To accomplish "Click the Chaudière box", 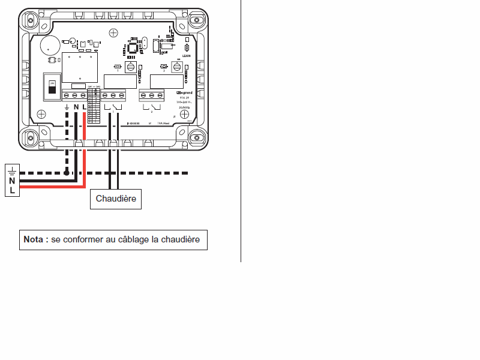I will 116,199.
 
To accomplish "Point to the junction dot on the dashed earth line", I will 67,173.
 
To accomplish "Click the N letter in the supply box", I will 12,181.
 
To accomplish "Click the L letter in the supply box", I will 12,190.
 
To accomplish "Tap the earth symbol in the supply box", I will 12,171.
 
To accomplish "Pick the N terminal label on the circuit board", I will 76,107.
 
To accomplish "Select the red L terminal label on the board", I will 84,107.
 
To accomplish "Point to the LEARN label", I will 178,55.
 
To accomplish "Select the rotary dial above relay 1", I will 131,67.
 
